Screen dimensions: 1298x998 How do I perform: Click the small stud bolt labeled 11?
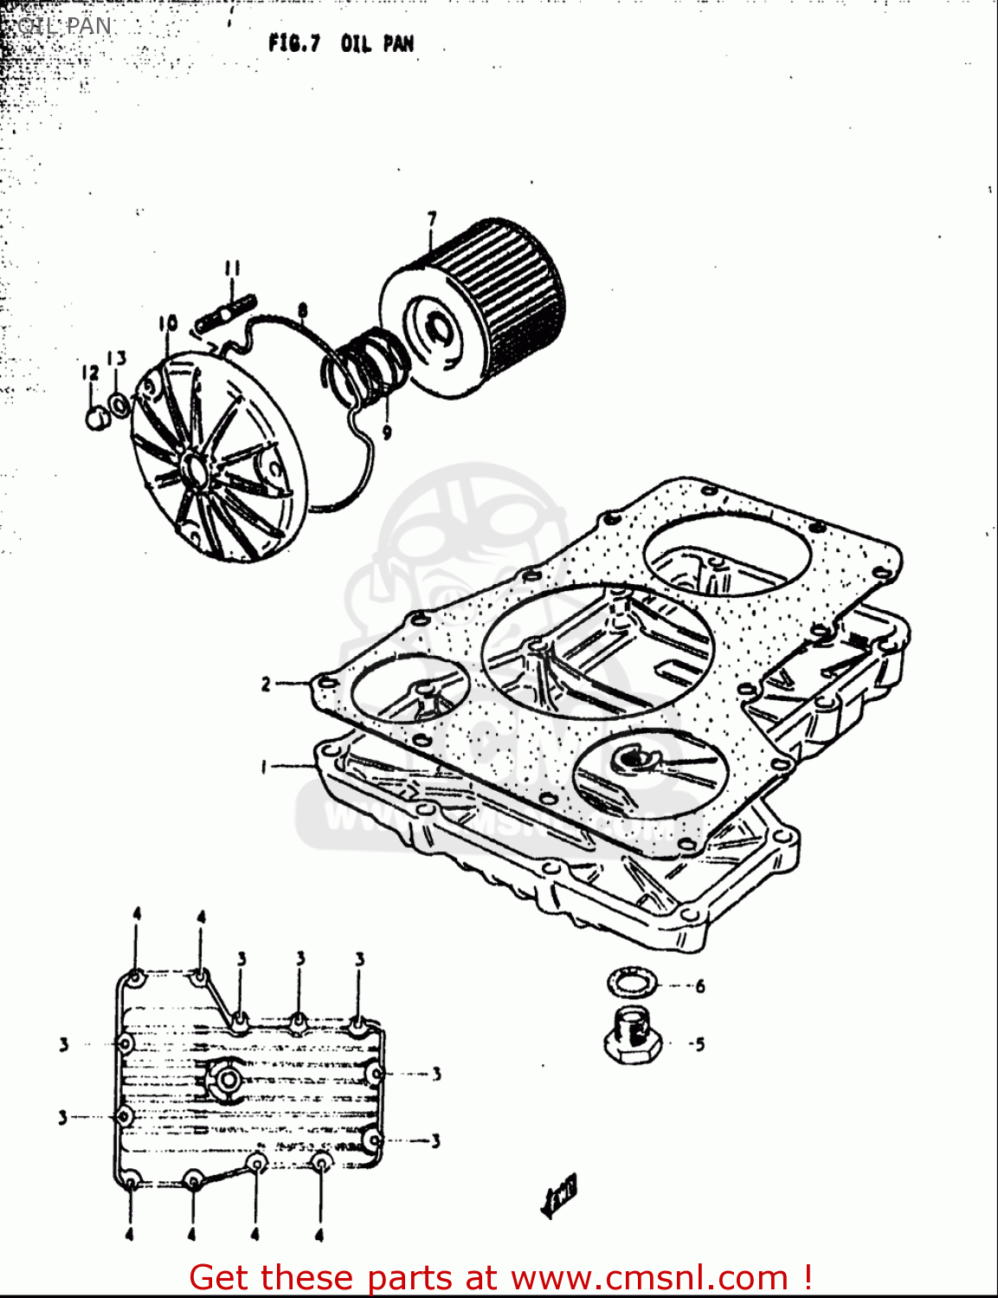point(225,312)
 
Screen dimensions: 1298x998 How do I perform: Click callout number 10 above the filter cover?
point(168,324)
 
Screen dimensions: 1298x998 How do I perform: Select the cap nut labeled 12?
point(95,418)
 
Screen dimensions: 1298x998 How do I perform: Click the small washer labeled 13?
point(119,403)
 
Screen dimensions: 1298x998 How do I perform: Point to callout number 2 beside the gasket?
point(267,684)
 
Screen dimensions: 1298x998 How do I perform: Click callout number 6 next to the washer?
point(699,986)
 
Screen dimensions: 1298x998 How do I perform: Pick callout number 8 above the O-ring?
point(302,309)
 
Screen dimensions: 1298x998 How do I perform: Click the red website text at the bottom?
point(499,1277)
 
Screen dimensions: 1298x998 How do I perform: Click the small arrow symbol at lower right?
point(559,1197)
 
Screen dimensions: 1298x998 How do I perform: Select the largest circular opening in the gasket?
point(597,652)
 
